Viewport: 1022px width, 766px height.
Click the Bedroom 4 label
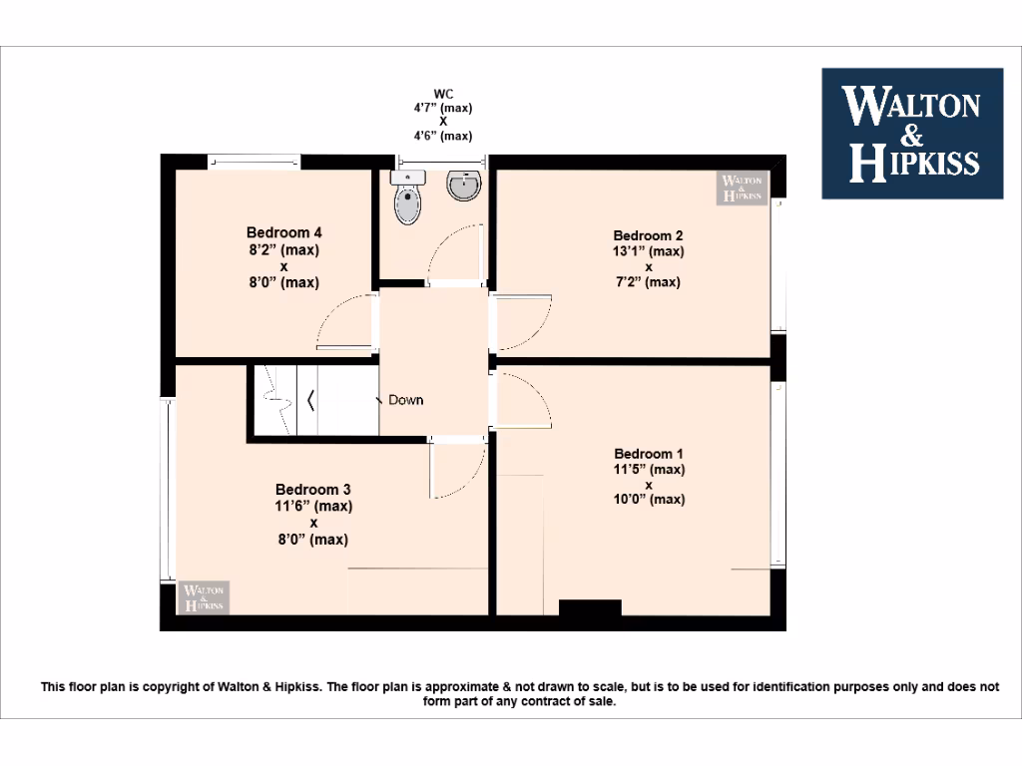pyautogui.click(x=283, y=233)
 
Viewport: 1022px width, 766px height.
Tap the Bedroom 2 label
pyautogui.click(x=649, y=236)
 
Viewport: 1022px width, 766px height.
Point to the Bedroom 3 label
pyautogui.click(x=313, y=490)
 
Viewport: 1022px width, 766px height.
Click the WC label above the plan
pyautogui.click(x=443, y=94)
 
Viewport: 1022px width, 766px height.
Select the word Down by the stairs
pyautogui.click(x=406, y=400)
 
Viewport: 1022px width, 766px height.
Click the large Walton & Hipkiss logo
pyautogui.click(x=911, y=133)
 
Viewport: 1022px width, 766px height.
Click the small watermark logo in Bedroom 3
pyautogui.click(x=205, y=596)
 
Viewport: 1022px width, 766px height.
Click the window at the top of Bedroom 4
pyautogui.click(x=254, y=160)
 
